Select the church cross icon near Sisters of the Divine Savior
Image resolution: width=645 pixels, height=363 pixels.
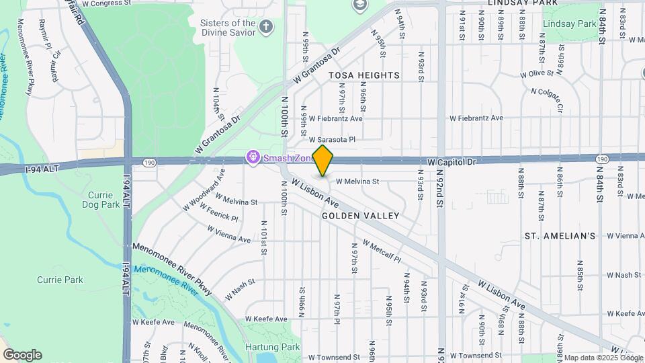267,28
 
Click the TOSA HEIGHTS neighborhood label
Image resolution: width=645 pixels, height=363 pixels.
363,75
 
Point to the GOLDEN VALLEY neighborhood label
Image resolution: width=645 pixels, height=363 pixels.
360,216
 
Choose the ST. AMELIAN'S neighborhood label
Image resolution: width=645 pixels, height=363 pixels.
560,236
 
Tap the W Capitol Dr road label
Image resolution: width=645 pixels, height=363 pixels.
451,162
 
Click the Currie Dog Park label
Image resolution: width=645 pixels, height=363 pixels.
101,200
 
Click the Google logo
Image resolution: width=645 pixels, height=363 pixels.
22,354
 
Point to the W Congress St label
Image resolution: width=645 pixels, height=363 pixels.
107,3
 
